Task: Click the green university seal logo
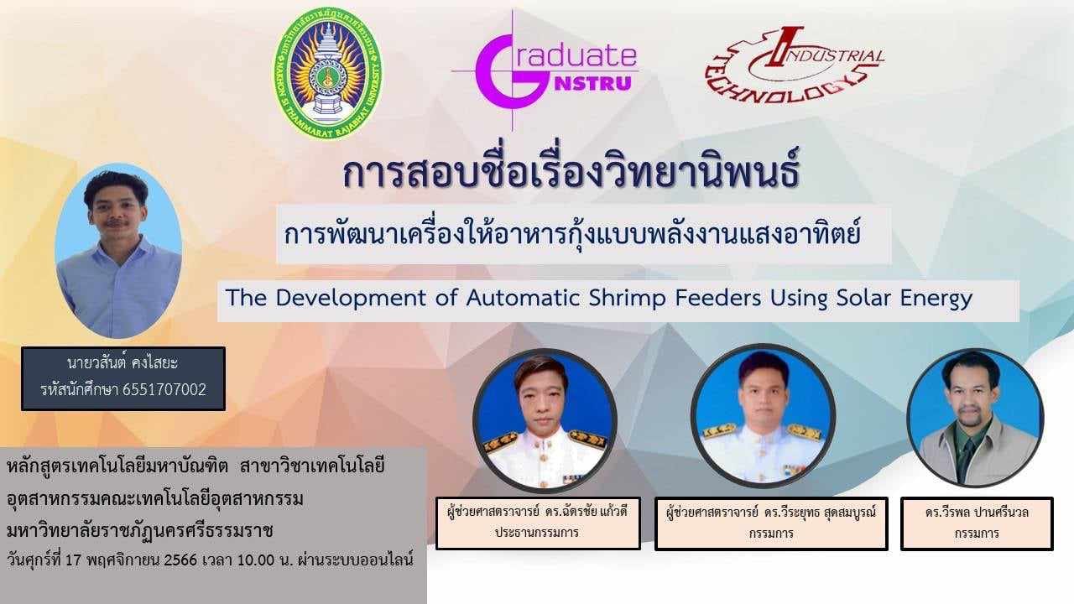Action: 328,73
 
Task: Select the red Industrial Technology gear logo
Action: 795,65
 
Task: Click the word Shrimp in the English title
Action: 627,299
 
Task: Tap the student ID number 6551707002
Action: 164,389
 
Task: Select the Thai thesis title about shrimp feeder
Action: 572,234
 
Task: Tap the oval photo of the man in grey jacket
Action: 975,418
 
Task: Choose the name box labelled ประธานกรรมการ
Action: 538,523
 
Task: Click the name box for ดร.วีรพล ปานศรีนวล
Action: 977,523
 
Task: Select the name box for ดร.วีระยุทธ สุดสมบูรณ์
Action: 771,523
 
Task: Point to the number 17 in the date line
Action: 72,560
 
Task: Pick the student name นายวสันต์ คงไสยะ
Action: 123,363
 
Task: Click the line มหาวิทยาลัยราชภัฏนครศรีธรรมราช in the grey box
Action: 140,531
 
